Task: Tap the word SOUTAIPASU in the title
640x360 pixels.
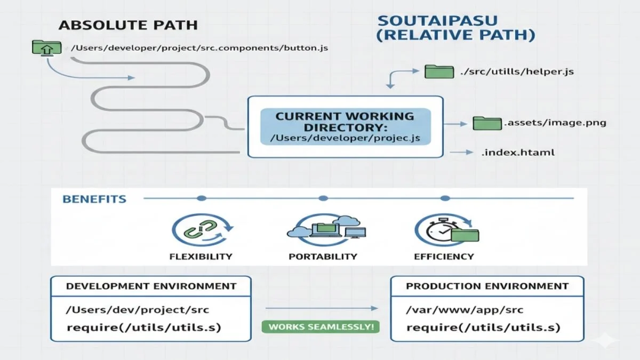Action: (x=437, y=21)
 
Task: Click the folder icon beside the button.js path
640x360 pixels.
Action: (x=44, y=48)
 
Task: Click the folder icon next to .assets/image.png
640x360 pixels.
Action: (x=487, y=123)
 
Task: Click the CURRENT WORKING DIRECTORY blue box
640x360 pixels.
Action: (x=345, y=126)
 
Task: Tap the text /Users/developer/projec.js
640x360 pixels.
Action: (x=345, y=138)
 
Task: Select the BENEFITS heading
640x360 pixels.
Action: (x=94, y=199)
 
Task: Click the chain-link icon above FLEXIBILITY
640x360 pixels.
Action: (x=201, y=230)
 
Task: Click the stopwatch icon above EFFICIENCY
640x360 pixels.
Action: (x=445, y=230)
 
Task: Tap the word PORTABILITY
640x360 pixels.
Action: (x=323, y=257)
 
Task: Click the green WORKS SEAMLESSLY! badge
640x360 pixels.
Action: (x=321, y=326)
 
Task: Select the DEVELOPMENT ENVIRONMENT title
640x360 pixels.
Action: (x=151, y=286)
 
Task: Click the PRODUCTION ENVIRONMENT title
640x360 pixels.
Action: (x=487, y=286)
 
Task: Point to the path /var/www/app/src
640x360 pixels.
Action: (x=465, y=310)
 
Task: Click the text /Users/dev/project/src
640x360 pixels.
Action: (x=137, y=310)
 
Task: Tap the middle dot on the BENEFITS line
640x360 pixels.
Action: (x=323, y=198)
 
